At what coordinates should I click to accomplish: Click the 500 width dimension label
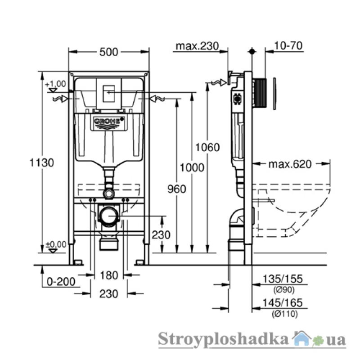pos(109,52)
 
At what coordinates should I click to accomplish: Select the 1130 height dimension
pos(42,162)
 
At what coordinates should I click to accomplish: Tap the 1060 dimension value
pos(207,147)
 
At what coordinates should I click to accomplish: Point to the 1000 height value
pos(192,167)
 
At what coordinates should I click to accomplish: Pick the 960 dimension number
pos(176,189)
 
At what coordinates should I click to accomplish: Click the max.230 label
pos(197,46)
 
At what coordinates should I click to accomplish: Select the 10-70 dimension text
pos(288,45)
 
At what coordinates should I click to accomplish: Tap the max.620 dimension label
pos(290,164)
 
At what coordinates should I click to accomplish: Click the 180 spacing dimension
pos(109,275)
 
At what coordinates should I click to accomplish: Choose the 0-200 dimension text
pos(61,282)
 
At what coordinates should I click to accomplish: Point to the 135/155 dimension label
pos(283,279)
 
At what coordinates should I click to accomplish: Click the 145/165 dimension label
pos(283,302)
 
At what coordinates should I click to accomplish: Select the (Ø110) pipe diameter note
pos(285,313)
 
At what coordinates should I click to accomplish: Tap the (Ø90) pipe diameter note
pos(284,290)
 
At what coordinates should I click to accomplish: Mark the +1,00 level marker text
pos(55,84)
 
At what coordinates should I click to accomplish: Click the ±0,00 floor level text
pos(56,244)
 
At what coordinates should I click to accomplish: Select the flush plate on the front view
pos(108,93)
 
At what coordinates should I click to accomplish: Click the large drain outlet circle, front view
pos(108,216)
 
